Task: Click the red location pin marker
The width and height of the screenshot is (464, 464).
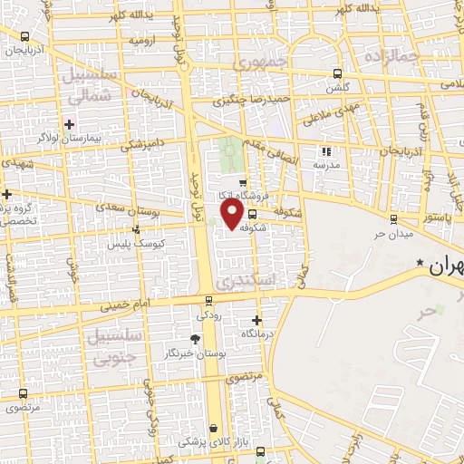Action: pos(231,214)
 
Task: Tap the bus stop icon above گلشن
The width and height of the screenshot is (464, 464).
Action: pos(337,74)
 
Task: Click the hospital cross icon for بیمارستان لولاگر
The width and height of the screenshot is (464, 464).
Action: pos(69,123)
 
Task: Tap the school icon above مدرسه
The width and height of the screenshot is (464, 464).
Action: pos(326,151)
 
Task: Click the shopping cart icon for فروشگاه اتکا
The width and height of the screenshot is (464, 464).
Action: pos(229,182)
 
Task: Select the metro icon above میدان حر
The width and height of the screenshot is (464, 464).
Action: pos(392,218)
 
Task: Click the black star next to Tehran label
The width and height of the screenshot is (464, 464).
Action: pos(420,263)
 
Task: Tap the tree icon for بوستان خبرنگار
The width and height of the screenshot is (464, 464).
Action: pos(195,339)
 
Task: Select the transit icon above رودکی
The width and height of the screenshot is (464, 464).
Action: pos(209,301)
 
